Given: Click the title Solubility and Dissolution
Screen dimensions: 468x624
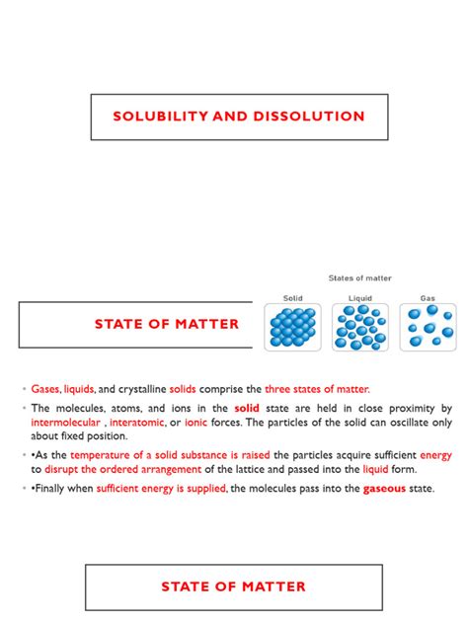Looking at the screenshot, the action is click(x=239, y=117).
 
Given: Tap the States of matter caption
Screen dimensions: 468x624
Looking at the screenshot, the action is click(x=359, y=278).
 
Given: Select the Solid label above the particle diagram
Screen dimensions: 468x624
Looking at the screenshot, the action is click(x=292, y=297).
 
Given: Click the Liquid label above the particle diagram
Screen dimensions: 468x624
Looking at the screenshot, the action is click(x=359, y=297).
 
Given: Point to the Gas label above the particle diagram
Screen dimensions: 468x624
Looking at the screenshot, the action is click(x=428, y=297).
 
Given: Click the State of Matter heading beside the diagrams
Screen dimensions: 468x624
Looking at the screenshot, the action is click(x=167, y=325).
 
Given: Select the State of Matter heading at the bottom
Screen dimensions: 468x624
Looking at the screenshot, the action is click(x=234, y=586).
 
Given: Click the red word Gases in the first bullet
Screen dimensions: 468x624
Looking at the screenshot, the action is click(x=45, y=389).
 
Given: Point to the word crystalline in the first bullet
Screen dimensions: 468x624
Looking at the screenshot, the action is click(x=142, y=389).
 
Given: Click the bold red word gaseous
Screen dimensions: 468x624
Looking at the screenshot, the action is click(x=385, y=489).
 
